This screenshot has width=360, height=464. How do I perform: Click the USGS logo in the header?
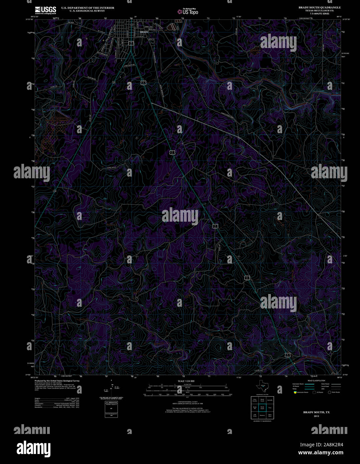(x=46, y=9)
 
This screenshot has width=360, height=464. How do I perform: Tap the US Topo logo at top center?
(x=188, y=12)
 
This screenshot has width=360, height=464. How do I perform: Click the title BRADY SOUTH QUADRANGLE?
(x=320, y=7)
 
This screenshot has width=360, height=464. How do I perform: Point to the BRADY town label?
(x=144, y=32)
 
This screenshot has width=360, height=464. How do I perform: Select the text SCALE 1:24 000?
(x=186, y=381)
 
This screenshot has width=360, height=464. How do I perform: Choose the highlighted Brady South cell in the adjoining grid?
(x=262, y=407)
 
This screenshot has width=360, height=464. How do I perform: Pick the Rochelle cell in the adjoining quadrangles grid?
(x=270, y=400)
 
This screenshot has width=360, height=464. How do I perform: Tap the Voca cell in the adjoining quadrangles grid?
(x=270, y=408)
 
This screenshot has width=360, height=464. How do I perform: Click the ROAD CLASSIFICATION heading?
(x=316, y=381)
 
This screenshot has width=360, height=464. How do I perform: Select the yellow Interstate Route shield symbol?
(x=295, y=392)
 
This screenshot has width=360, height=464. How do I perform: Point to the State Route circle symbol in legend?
(x=329, y=392)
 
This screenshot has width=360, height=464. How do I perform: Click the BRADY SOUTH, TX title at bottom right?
(x=316, y=412)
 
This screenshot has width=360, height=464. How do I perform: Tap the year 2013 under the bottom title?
(x=316, y=416)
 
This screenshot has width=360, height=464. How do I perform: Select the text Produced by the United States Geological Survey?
(x=57, y=381)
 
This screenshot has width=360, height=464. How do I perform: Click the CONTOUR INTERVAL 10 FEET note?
(x=186, y=402)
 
